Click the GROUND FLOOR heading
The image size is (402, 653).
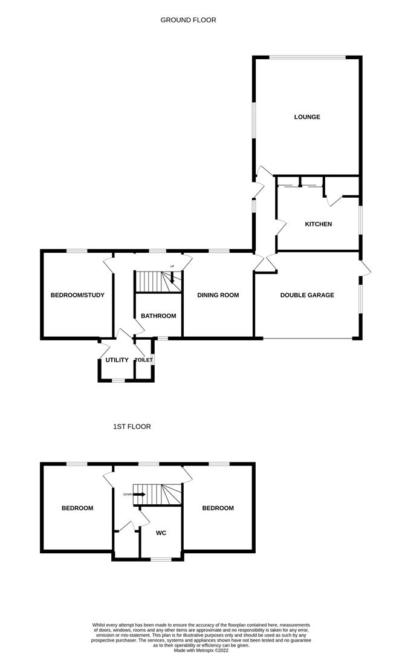(188, 19)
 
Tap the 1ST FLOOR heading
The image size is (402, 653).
(132, 426)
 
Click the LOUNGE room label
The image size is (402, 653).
(307, 117)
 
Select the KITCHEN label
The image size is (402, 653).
(319, 224)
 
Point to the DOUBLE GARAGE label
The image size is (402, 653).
(307, 295)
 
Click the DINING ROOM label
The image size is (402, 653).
(218, 295)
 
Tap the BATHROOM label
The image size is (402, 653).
(158, 316)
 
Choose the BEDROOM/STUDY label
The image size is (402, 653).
(77, 295)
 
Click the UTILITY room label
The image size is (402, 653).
(117, 360)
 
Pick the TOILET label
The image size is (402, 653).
(144, 360)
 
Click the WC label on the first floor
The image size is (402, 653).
(161, 533)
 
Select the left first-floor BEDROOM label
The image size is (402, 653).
(77, 508)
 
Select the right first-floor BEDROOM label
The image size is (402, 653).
(218, 508)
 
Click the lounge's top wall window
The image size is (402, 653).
(308, 57)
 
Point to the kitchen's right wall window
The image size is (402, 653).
(361, 220)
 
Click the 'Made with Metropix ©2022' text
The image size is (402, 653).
(201, 650)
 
